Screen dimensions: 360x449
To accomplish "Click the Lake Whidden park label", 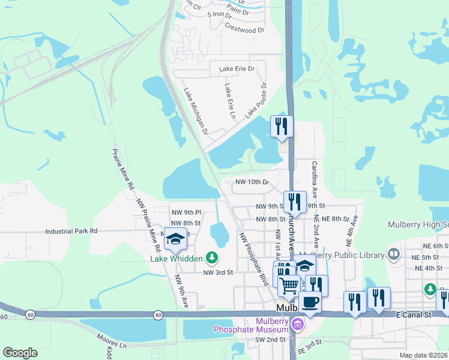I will (x=175, y=259).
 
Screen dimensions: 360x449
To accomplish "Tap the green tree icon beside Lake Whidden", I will (x=211, y=258).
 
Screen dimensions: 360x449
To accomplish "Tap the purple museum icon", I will (x=297, y=325).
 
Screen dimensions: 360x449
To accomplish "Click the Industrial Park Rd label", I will (x=71, y=230).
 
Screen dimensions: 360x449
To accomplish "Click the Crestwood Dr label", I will (x=244, y=28).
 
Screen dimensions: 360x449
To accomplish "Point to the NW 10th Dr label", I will (x=251, y=182).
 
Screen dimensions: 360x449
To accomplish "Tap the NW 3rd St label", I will (x=217, y=272).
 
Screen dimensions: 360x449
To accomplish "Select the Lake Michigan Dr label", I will (x=196, y=112).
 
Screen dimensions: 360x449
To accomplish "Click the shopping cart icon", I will (x=289, y=286).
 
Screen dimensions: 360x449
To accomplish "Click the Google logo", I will (x=20, y=352).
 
